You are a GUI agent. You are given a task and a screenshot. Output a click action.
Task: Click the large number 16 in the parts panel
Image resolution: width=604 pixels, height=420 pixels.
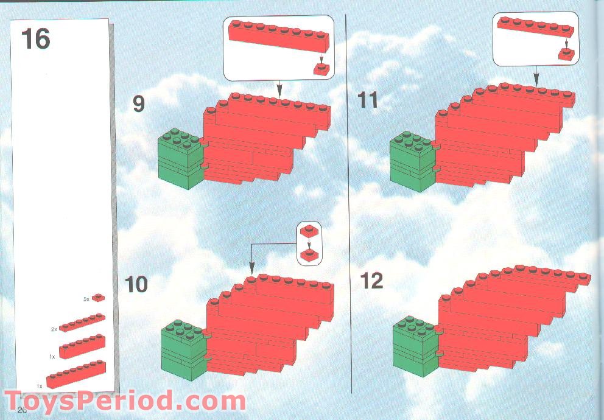[x=35, y=39]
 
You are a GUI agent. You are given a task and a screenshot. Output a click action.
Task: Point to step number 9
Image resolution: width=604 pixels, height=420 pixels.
[x=139, y=104]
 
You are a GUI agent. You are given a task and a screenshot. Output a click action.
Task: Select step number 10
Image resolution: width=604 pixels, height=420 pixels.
[x=136, y=284]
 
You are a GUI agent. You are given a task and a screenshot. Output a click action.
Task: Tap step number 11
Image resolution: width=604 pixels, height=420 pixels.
[x=368, y=100]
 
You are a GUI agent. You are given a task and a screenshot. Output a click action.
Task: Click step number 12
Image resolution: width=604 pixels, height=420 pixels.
[x=371, y=281]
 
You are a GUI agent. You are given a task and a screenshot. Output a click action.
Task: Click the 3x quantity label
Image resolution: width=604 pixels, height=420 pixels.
[x=86, y=299]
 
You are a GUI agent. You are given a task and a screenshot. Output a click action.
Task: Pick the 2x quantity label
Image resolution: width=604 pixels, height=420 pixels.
[x=54, y=329]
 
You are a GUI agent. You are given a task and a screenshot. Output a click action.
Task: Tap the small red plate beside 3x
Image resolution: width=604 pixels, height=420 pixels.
[x=98, y=298]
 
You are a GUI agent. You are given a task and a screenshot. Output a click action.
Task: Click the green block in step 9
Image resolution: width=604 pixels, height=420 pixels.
[x=180, y=158]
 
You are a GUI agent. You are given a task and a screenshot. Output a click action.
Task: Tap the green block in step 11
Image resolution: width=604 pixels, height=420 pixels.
[x=412, y=161]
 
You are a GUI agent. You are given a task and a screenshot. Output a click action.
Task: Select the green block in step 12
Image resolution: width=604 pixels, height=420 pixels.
[x=416, y=344]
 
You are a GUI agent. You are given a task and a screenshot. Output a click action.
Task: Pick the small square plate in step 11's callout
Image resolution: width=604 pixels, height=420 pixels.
[x=567, y=54]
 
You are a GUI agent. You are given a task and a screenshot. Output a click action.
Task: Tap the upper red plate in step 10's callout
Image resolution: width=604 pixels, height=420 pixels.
[x=309, y=231]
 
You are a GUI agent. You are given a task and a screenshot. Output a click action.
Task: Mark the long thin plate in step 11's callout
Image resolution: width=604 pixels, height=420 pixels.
[x=535, y=26]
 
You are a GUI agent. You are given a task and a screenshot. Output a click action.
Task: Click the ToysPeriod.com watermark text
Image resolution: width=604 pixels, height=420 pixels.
[x=125, y=402]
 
